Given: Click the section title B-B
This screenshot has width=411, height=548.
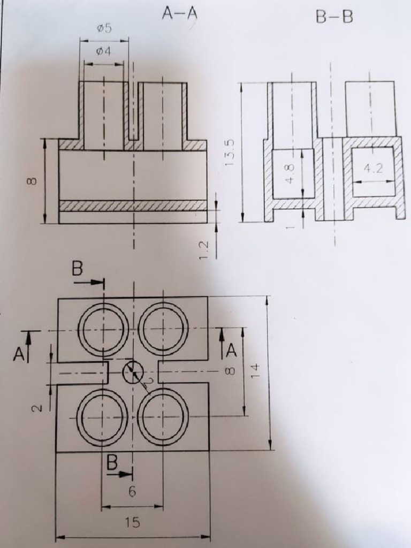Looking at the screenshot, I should (x=334, y=17).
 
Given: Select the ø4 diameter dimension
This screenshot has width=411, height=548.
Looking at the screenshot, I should (x=103, y=52).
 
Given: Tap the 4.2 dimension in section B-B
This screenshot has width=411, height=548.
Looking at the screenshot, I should (x=373, y=169).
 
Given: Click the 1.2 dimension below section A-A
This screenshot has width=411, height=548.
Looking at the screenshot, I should (x=204, y=250).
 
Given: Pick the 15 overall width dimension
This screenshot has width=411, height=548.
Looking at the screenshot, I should (x=132, y=523).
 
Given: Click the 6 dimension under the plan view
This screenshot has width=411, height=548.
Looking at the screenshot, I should (x=132, y=492).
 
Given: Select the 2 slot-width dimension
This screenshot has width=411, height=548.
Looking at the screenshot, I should (x=36, y=408).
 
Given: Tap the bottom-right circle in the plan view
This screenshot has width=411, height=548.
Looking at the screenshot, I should (x=163, y=417).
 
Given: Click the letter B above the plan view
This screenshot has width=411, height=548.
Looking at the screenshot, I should (x=78, y=269).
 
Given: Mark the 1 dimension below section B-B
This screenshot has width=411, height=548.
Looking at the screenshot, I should (x=290, y=227).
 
